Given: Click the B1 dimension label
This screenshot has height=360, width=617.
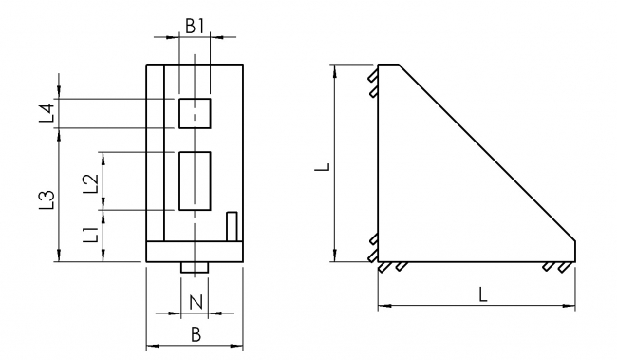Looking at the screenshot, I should [195, 27].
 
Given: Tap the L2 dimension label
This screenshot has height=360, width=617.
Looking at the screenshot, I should [90, 181].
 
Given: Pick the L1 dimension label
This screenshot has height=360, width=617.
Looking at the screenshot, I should [90, 235].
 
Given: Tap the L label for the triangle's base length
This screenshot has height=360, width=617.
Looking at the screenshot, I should [482, 294].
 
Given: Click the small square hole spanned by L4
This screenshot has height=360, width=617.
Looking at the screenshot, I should [195, 113].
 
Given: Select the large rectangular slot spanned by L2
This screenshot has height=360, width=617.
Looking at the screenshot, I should [195, 180].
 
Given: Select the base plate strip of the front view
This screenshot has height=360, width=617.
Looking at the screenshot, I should [195, 253].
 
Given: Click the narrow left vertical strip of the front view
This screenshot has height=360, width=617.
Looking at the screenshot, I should [156, 152].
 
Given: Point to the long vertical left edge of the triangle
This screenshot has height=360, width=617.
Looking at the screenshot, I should [378, 161].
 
